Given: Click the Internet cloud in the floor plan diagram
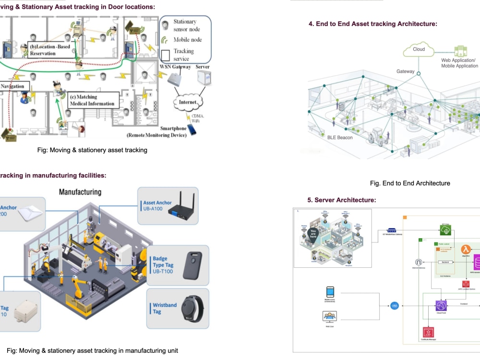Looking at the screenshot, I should pos(189,102).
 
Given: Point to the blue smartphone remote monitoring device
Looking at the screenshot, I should pos(192,129).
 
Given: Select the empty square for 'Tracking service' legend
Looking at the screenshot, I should pos(166,54).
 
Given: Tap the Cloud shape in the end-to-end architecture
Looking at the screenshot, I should pos(419,49).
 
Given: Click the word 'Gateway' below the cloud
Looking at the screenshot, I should pos(405,72).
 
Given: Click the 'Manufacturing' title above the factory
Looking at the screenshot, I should pos(80,192).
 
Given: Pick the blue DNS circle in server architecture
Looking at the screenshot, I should pos(394,305).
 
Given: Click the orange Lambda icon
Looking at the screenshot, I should pos(465,250).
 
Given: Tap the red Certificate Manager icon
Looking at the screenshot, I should pos(426,332).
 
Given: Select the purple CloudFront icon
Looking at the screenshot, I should pos(441,305).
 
